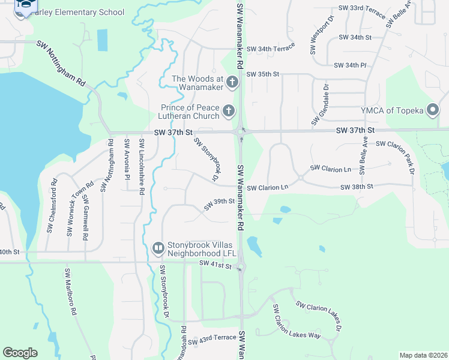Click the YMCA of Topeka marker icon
(x=432, y=109)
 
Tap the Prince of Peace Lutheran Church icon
(x=228, y=110)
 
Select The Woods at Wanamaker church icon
(x=233, y=82)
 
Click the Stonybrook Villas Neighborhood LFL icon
(x=158, y=247)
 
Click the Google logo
(x=20, y=353)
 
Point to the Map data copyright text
(x=423, y=355)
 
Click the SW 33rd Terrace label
(x=360, y=8)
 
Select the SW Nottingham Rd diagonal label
(x=62, y=64)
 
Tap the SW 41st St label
(x=215, y=264)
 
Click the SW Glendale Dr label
(x=320, y=104)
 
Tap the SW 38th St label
(x=357, y=187)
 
